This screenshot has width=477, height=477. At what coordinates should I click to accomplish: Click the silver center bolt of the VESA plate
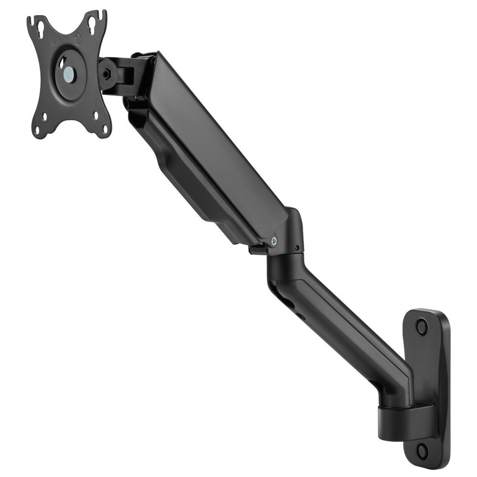pos(69,73)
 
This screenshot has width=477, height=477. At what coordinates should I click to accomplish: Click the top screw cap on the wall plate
pos(421,327)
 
